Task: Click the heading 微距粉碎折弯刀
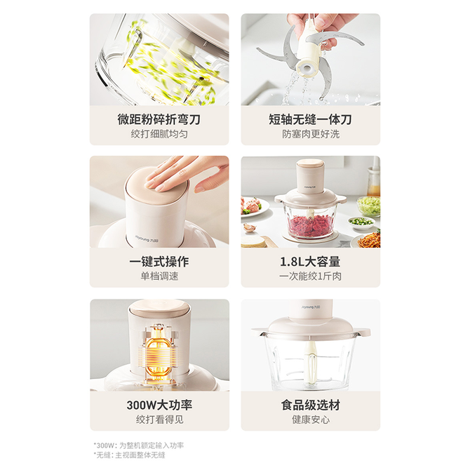[159, 119]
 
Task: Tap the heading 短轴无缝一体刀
[310, 119]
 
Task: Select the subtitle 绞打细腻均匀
[159, 134]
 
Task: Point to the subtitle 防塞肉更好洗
[311, 134]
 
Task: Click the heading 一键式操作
[159, 262]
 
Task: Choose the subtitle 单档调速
[159, 276]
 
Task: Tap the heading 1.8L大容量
[310, 262]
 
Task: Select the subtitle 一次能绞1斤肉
[311, 276]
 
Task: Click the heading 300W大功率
[159, 405]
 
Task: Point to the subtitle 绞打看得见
[159, 419]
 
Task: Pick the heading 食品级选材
[311, 405]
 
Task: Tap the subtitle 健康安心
[311, 419]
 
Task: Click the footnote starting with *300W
[138, 445]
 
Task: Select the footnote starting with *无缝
[129, 455]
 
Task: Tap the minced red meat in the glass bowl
[311, 224]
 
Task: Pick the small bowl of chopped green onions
[361, 223]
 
